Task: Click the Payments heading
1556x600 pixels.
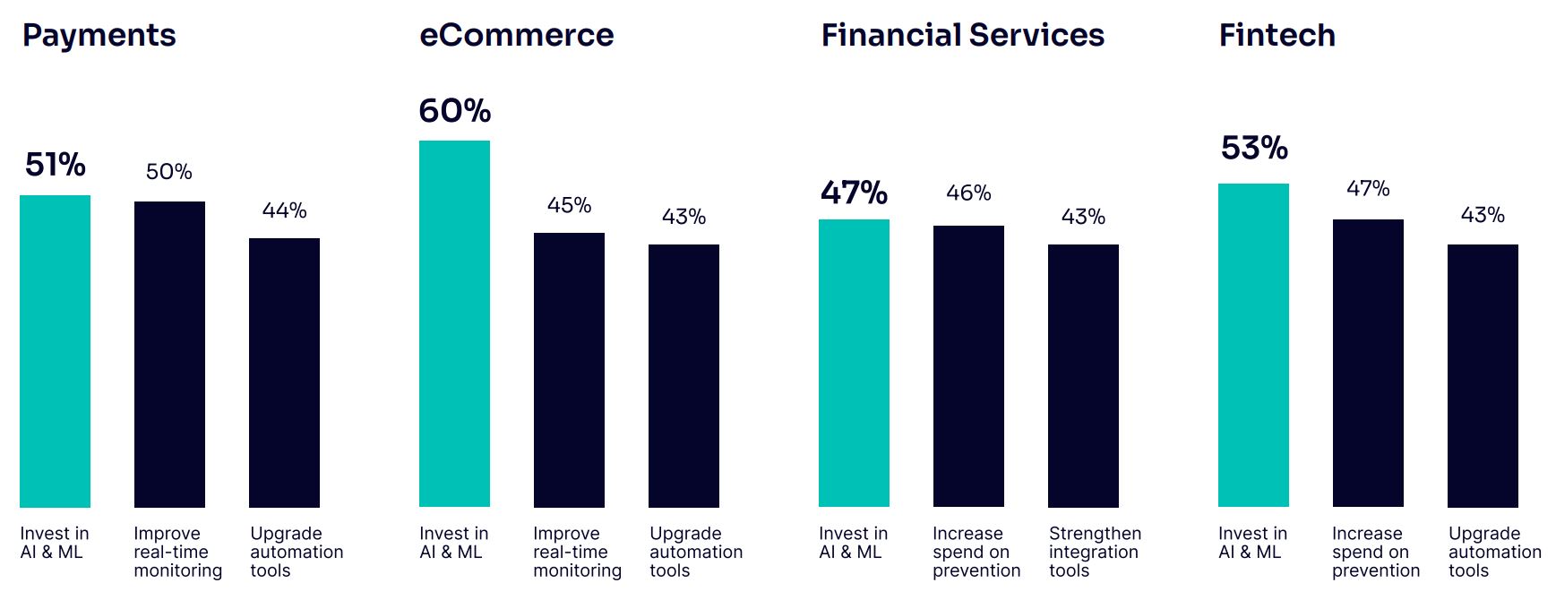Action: (99, 36)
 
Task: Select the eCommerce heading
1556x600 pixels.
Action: (516, 36)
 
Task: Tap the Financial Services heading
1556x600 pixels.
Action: (962, 36)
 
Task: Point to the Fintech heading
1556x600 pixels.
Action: (1277, 36)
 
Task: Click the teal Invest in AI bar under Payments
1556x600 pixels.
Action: (55, 351)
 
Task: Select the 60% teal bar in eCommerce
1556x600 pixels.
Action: (454, 323)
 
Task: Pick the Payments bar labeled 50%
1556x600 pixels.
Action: (169, 354)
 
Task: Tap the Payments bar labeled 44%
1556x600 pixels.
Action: (284, 373)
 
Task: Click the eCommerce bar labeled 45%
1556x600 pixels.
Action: (569, 370)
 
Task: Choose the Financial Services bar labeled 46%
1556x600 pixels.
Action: (968, 366)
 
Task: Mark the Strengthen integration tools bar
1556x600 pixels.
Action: (1083, 375)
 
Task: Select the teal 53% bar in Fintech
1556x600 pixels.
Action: (1253, 345)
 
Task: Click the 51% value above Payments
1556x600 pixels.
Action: (55, 165)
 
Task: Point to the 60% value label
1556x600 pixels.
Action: (454, 111)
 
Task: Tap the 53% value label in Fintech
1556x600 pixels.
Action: (1253, 148)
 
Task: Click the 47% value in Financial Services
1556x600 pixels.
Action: (854, 193)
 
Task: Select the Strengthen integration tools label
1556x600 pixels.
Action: (1095, 552)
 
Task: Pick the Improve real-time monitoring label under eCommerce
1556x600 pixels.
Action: (577, 552)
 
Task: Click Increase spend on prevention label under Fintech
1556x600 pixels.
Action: (1376, 552)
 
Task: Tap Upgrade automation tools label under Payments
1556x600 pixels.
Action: (297, 552)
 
